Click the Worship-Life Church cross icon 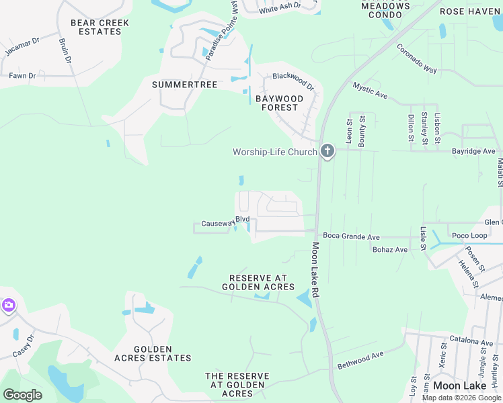327,151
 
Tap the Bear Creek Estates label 100,27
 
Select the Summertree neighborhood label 184,85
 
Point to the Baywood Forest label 280,103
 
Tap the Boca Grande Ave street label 351,236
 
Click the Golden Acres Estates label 152,353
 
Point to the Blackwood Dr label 293,81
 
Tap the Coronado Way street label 417,59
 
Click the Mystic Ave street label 370,91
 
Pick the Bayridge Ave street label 473,151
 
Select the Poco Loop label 469,236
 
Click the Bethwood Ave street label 360,359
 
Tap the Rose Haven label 470,11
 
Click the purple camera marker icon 8,306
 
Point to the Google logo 22,395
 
